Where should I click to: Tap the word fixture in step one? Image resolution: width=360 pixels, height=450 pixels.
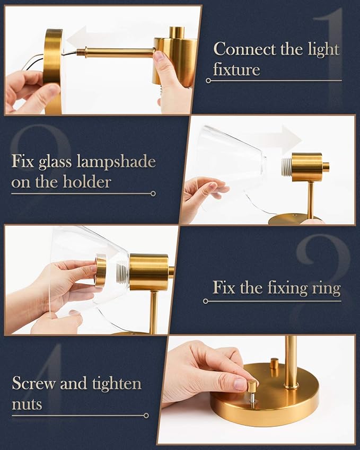[236, 70]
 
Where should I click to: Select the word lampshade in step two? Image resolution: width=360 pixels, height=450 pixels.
[116, 161]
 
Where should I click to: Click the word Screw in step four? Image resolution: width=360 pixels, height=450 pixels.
[34, 383]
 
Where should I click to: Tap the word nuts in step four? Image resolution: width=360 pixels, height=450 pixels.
[27, 404]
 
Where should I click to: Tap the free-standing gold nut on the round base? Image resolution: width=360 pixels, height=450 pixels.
[274, 363]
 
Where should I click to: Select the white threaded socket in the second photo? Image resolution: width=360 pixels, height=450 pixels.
[286, 166]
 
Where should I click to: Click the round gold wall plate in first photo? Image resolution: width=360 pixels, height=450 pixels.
[53, 69]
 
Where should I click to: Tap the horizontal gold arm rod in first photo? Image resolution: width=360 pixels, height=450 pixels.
[117, 52]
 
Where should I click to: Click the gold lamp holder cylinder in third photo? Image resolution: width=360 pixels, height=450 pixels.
[148, 271]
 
